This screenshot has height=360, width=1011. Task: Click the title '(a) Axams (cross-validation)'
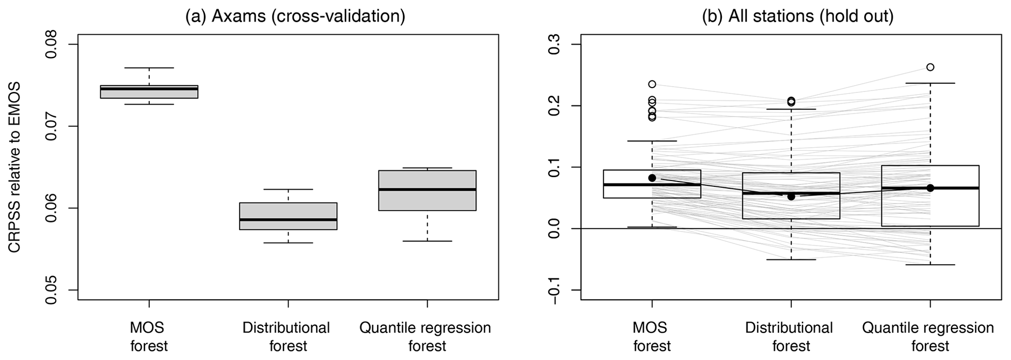coord(295,17)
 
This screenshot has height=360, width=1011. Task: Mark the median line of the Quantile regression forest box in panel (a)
coord(427,189)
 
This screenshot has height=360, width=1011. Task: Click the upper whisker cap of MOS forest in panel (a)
coord(149,67)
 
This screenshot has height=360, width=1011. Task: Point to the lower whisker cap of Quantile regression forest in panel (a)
coord(427,241)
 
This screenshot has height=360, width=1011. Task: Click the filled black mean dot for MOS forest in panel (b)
coord(652,178)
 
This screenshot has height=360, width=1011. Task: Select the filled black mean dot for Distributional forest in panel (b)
coord(791,196)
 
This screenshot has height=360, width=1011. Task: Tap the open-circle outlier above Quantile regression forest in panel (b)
coord(930,67)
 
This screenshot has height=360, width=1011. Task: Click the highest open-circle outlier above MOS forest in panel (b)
coord(652,84)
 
